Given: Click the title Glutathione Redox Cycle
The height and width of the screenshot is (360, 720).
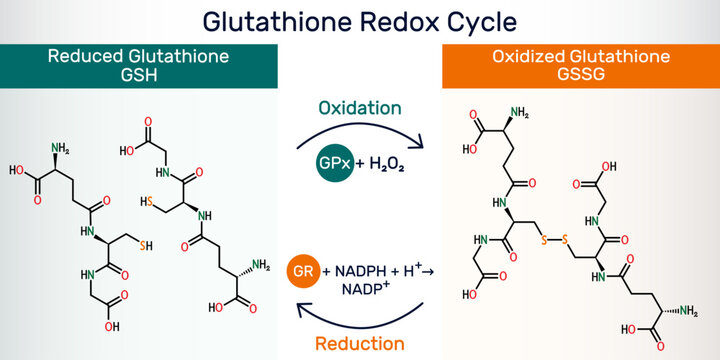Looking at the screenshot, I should point(360,20).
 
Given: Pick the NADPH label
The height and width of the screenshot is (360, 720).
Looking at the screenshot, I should point(363,272).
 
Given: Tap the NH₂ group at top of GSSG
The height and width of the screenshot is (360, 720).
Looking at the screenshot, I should point(519,112).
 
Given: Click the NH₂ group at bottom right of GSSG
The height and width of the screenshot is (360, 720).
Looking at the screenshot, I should point(688,312).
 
